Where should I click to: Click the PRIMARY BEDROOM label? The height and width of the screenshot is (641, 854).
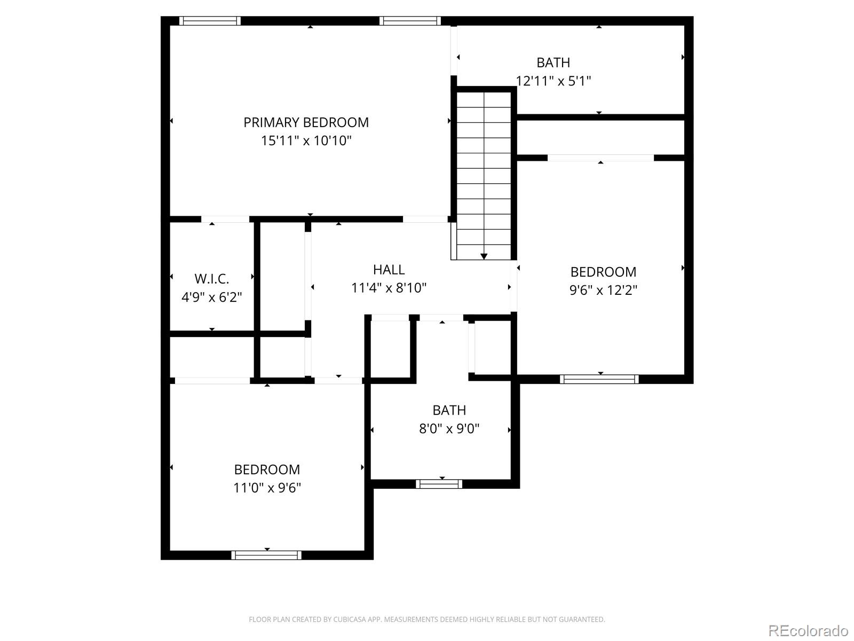[306, 122]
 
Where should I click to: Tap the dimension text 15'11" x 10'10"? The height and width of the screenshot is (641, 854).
[306, 141]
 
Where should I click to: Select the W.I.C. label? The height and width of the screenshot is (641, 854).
[212, 279]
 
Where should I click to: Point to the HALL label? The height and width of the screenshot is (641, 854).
[389, 269]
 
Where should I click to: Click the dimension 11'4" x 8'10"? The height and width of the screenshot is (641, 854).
[389, 288]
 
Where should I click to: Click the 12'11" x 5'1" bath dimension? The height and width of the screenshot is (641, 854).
[553, 81]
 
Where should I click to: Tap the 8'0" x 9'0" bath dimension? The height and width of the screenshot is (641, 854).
[449, 428]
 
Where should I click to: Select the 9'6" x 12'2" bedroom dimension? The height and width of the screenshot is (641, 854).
[603, 290]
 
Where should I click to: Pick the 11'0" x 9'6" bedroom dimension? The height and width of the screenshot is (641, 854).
[267, 488]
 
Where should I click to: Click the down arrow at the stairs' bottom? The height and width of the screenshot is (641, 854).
[484, 256]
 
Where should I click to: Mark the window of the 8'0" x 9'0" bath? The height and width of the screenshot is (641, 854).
[439, 484]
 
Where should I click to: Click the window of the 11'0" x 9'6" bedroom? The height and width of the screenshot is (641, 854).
[266, 555]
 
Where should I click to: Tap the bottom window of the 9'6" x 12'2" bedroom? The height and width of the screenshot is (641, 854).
[599, 379]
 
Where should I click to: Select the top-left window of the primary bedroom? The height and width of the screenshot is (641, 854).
[210, 21]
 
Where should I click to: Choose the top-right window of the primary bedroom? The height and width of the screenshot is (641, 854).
[410, 21]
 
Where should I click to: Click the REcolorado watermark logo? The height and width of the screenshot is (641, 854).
[808, 631]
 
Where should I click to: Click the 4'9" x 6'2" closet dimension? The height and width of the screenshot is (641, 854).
[212, 298]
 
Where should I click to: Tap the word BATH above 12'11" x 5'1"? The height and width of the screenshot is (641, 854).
[553, 62]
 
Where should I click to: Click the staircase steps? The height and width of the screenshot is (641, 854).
[484, 171]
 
